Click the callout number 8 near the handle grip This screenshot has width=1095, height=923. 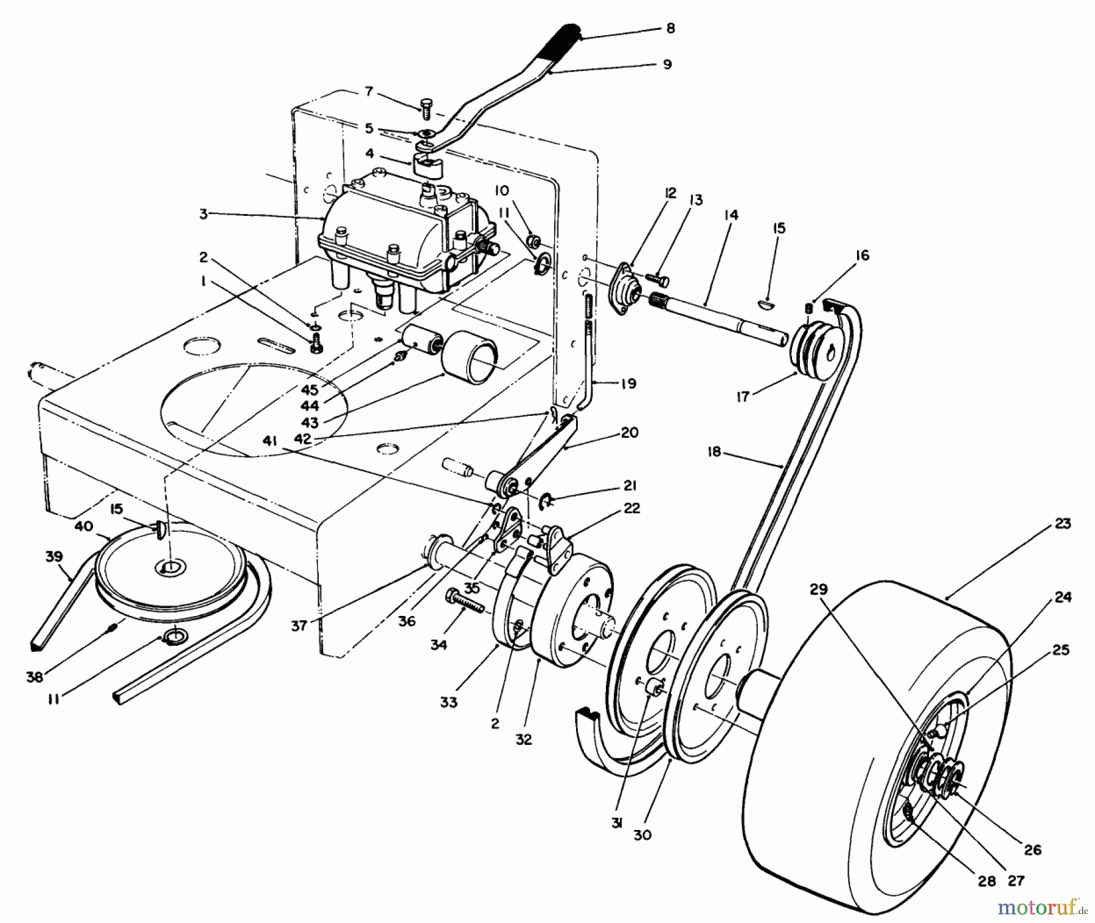pos(670,29)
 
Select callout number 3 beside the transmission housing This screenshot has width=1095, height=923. pos(203,213)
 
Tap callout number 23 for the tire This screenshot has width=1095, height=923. pos(1062,524)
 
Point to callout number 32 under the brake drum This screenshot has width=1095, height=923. pos(523,739)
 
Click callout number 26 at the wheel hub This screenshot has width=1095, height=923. pos(1033,849)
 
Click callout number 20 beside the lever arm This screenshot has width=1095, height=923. pos(629,433)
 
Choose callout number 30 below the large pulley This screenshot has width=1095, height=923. pos(642,835)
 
